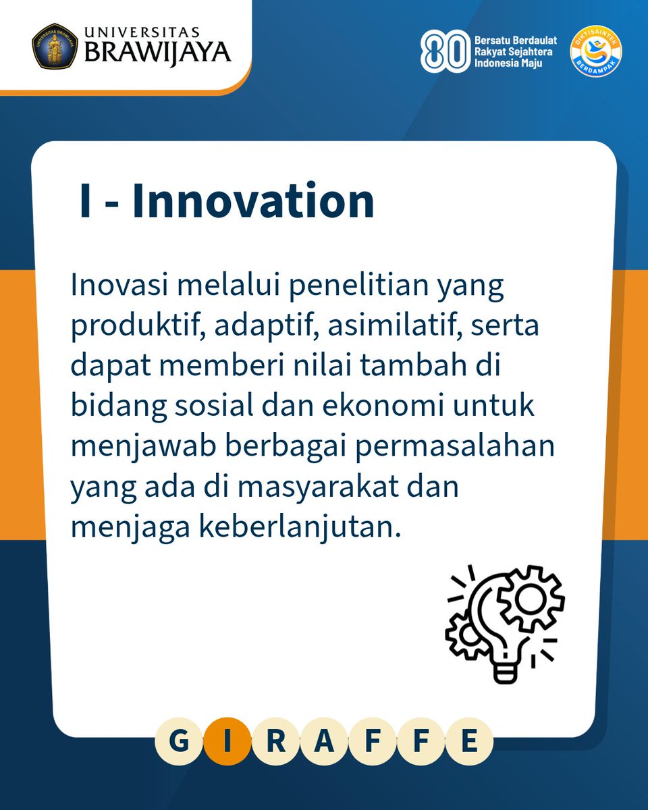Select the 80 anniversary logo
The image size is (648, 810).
(442, 51)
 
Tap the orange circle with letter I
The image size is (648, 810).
(227, 742)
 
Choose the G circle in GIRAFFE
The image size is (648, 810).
(179, 742)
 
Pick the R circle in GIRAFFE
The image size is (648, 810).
(275, 742)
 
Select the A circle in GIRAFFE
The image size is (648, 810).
(324, 742)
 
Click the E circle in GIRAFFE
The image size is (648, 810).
(469, 742)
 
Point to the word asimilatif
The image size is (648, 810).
(375, 327)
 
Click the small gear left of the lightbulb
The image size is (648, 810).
(464, 634)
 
